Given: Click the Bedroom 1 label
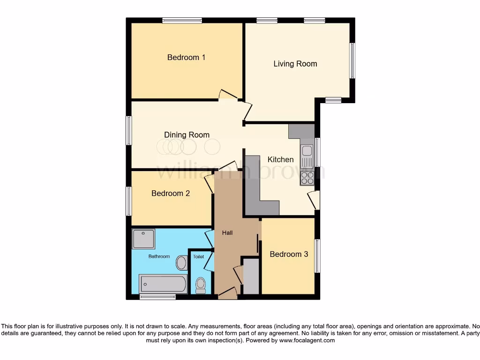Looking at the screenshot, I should (x=186, y=57).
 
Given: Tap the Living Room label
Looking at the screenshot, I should (x=295, y=64).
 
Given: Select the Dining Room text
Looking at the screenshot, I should (x=187, y=135).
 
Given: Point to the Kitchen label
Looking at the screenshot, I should (x=280, y=159).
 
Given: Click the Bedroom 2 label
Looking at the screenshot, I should (x=171, y=193).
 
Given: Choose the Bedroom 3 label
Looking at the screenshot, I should (x=289, y=254).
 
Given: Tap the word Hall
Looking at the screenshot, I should (x=227, y=232).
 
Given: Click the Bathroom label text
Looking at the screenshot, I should (x=159, y=256).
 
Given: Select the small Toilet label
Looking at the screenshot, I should (x=198, y=257).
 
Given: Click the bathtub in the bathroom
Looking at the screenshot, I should (x=163, y=284).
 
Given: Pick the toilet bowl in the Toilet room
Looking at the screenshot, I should (x=201, y=284).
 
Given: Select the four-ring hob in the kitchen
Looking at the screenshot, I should (x=307, y=178).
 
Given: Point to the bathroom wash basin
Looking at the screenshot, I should (x=181, y=262).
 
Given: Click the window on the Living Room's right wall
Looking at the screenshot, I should (x=352, y=61).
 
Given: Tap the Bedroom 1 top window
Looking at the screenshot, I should (x=182, y=20).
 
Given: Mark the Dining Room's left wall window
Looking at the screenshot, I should (x=128, y=130).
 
